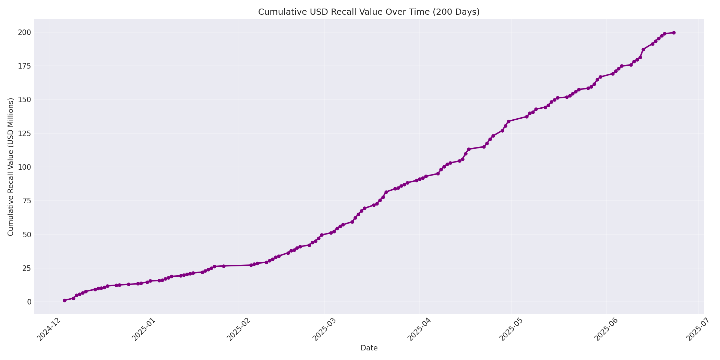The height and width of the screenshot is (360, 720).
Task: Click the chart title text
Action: tap(369, 12)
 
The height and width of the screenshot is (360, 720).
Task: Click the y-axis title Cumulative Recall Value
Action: tap(11, 167)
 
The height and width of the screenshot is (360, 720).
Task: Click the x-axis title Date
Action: tap(369, 348)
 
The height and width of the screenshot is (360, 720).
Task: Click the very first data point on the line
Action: tap(64, 300)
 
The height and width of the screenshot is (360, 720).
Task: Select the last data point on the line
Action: tap(674, 33)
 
